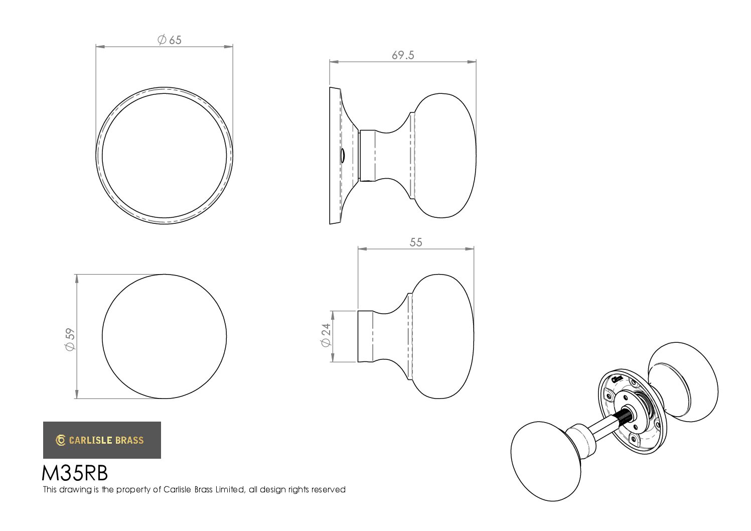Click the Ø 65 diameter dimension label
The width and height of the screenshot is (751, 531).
pyautogui.click(x=169, y=40)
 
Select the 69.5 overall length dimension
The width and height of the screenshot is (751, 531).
pyautogui.click(x=403, y=55)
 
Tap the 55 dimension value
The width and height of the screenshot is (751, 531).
pyautogui.click(x=416, y=242)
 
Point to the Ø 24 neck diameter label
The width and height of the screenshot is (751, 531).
pyautogui.click(x=326, y=335)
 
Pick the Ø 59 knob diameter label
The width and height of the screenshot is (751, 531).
pyautogui.click(x=70, y=339)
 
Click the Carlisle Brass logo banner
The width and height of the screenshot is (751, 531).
pyautogui.click(x=102, y=440)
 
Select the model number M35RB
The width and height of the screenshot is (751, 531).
pyautogui.click(x=75, y=473)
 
